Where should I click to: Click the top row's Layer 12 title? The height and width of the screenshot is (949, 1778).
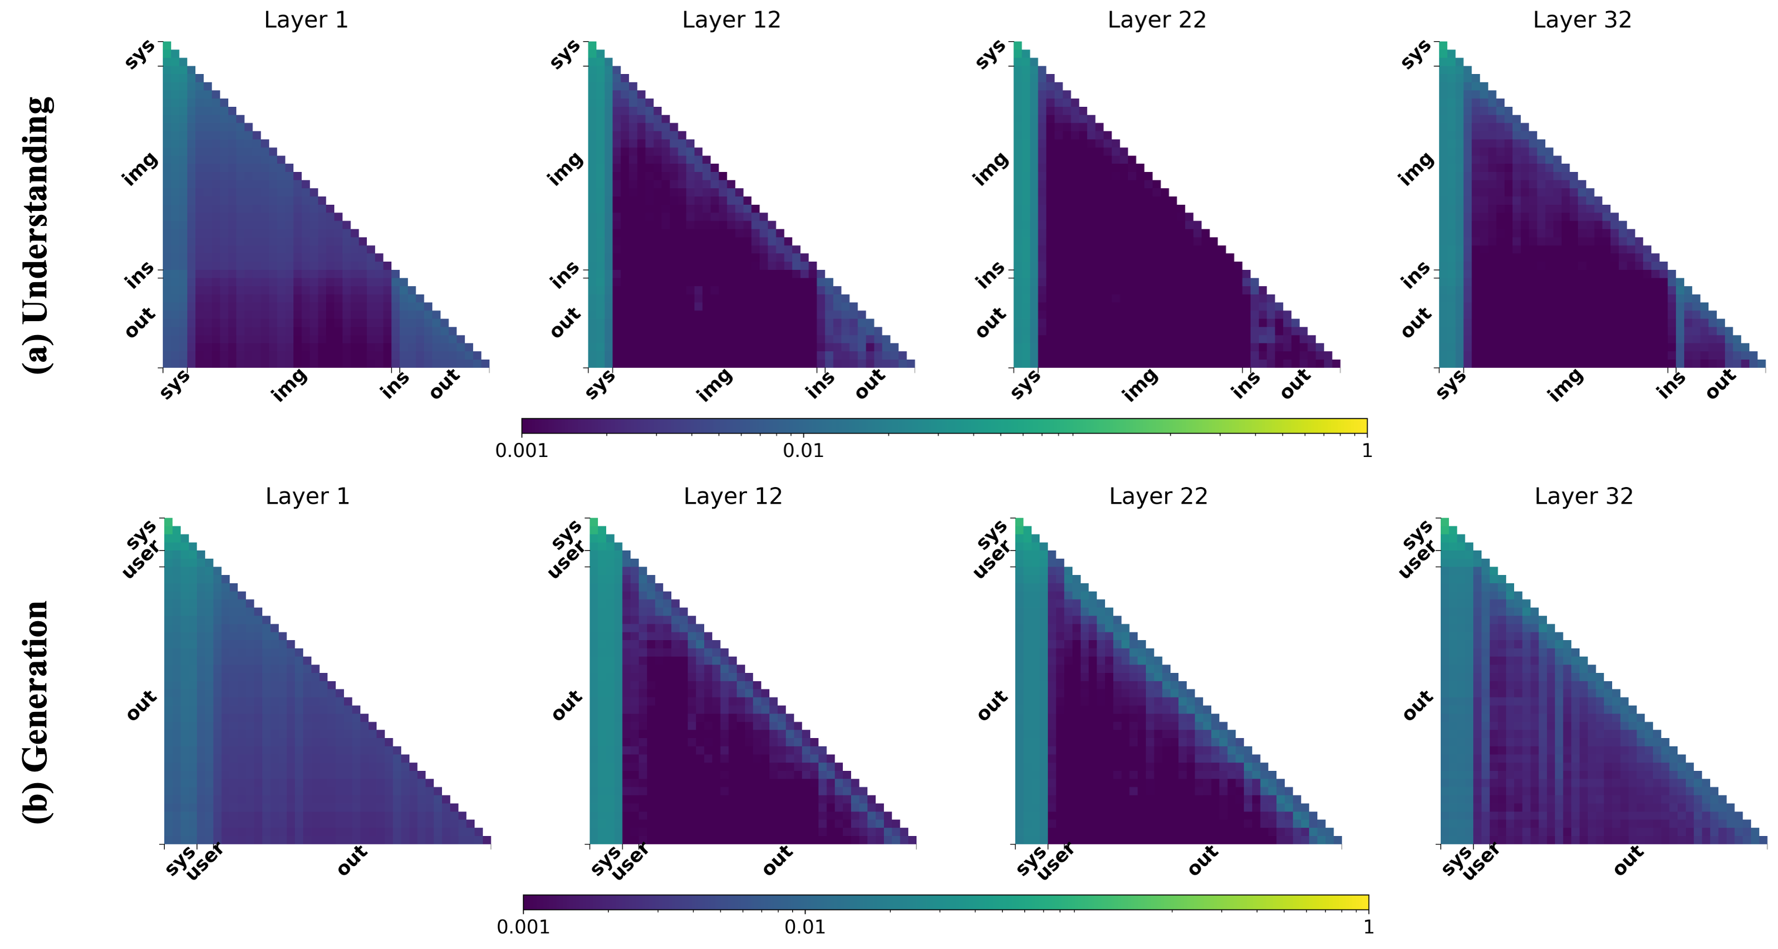click(x=731, y=20)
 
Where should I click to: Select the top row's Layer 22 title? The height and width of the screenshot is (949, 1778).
click(x=1157, y=20)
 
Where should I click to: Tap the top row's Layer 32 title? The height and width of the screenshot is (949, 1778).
click(x=1582, y=20)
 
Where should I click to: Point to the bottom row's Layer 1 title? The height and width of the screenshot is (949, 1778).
click(x=307, y=496)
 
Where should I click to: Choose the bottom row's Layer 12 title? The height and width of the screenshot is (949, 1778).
click(x=733, y=496)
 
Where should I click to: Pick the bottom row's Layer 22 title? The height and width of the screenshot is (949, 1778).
click(x=1158, y=496)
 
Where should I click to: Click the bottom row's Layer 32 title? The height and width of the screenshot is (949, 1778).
click(x=1583, y=496)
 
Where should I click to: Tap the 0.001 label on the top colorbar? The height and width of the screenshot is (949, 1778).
click(x=522, y=451)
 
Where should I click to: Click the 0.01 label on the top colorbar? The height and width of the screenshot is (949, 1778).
click(x=803, y=451)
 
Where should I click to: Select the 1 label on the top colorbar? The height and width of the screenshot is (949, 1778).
click(x=1367, y=451)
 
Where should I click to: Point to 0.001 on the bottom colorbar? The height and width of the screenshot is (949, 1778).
click(x=523, y=927)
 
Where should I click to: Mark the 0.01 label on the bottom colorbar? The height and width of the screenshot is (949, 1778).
click(x=805, y=927)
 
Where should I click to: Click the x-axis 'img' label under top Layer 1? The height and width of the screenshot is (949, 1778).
click(x=289, y=385)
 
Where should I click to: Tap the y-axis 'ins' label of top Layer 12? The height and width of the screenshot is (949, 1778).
click(x=564, y=276)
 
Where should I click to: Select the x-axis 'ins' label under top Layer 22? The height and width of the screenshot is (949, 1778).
click(x=1245, y=385)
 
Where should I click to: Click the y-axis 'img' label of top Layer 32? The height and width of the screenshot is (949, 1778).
click(x=1416, y=169)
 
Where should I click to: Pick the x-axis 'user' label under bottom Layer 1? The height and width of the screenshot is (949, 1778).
click(x=205, y=862)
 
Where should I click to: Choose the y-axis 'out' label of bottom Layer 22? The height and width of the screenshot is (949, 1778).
click(x=992, y=705)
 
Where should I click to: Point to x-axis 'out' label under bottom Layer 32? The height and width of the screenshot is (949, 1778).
click(x=1628, y=861)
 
